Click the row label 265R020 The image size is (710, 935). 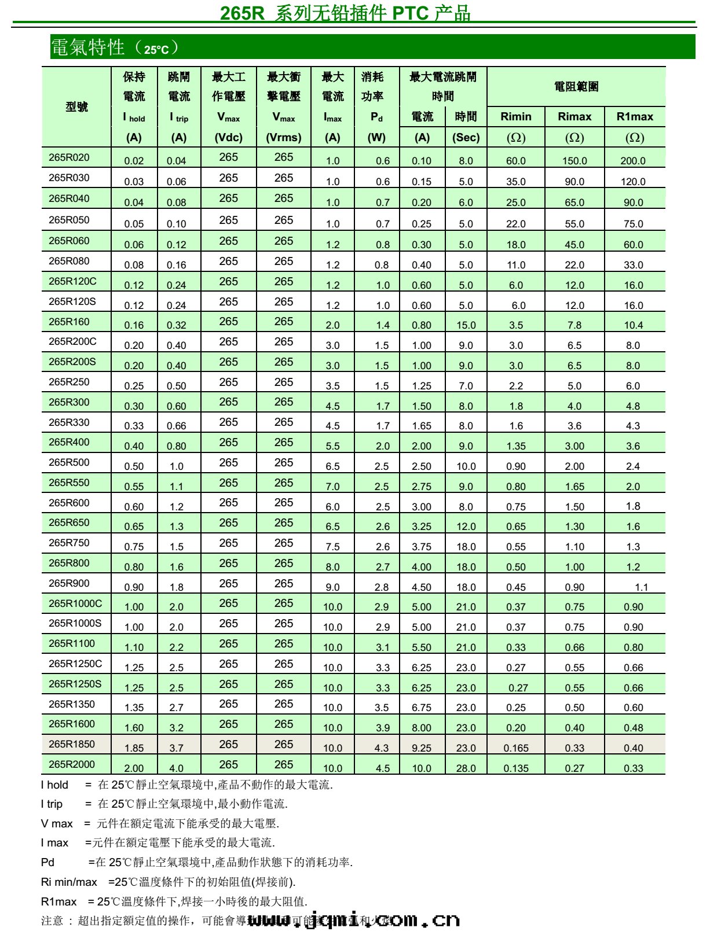click(69, 157)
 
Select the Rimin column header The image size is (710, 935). click(515, 116)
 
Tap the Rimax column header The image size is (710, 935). click(574, 116)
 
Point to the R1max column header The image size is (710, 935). click(635, 116)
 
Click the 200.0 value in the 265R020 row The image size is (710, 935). click(633, 161)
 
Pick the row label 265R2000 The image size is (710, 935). click(71, 764)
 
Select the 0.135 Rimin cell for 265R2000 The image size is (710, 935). click(515, 768)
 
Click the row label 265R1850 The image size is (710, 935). click(71, 744)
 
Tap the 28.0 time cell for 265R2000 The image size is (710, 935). click(466, 768)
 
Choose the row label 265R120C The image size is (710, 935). click(72, 281)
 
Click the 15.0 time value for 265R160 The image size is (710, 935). click(466, 325)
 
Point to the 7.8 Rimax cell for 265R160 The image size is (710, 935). click(574, 325)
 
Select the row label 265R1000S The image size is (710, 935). click(75, 623)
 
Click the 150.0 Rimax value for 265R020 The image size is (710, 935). click(574, 161)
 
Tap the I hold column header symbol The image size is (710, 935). click(134, 117)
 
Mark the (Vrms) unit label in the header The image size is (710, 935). click(284, 138)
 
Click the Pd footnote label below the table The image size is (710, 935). click(47, 862)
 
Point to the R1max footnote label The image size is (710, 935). click(58, 901)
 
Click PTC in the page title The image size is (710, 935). click(411, 13)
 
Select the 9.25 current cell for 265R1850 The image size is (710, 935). click(422, 748)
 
